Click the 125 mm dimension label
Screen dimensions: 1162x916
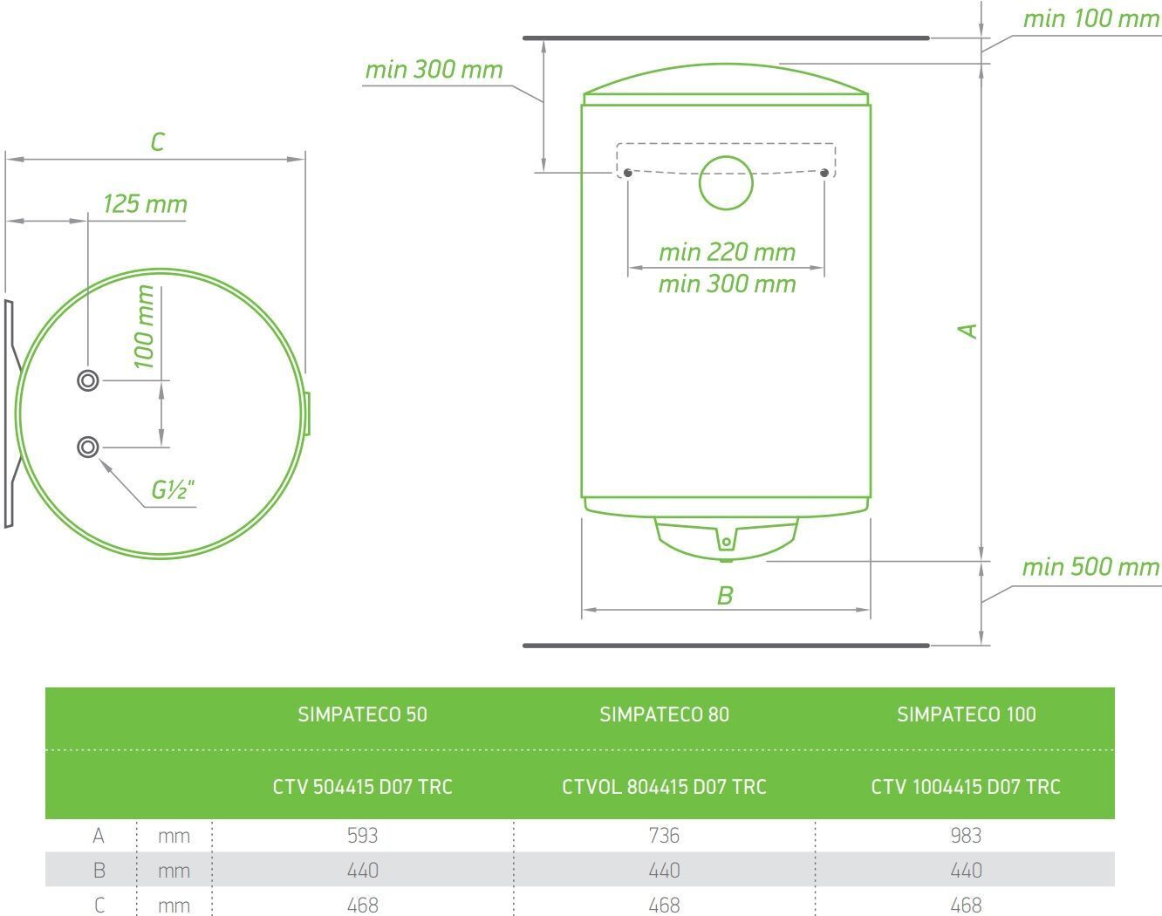(x=145, y=204)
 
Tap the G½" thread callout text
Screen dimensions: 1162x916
(x=173, y=490)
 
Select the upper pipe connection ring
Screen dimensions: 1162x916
(x=87, y=380)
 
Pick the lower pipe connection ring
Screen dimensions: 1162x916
(x=87, y=448)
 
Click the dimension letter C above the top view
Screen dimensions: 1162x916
(x=157, y=142)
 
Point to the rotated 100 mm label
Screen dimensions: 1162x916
(x=144, y=327)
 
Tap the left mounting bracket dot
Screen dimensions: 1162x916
(x=627, y=173)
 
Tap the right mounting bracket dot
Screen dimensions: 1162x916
(x=824, y=173)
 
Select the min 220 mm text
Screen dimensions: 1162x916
(x=727, y=252)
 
